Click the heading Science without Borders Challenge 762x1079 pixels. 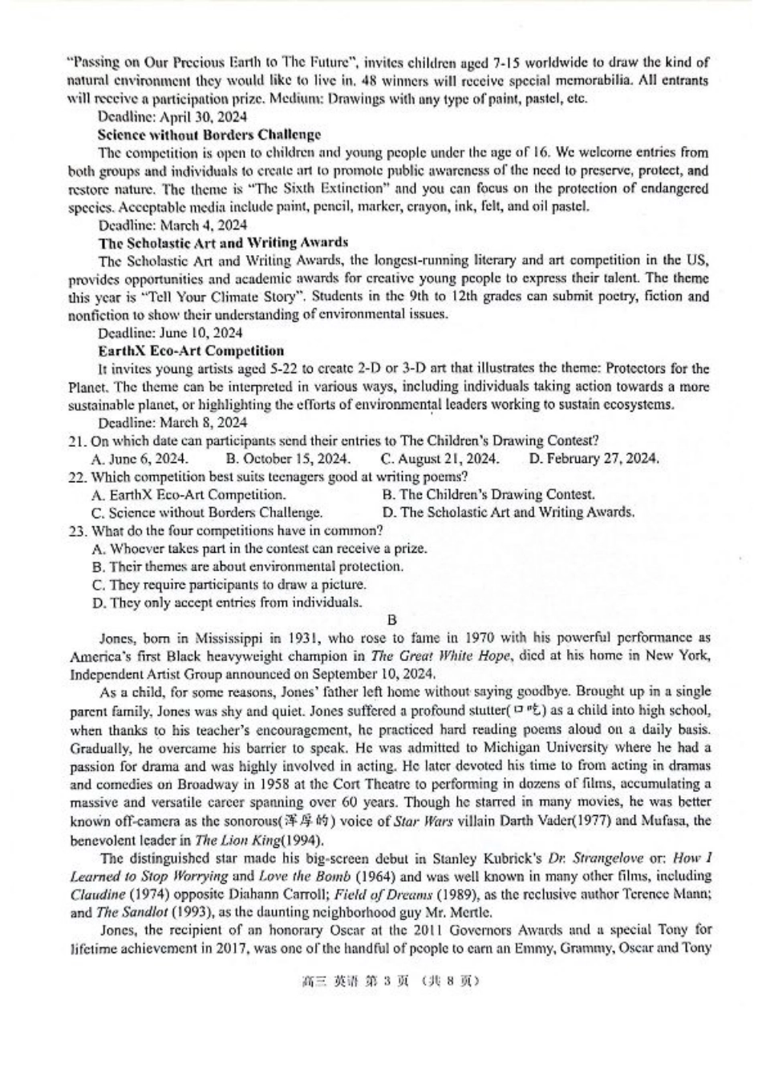click(x=209, y=135)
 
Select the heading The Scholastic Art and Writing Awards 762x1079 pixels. click(x=223, y=242)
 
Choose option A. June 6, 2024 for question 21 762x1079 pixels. click(x=140, y=459)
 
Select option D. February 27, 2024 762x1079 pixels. click(x=594, y=459)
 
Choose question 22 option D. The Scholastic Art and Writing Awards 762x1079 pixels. click(x=509, y=513)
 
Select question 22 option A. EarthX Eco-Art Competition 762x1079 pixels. click(x=188, y=495)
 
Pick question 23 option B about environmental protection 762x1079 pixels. click(x=247, y=566)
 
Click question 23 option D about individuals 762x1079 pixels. click(x=227, y=602)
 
